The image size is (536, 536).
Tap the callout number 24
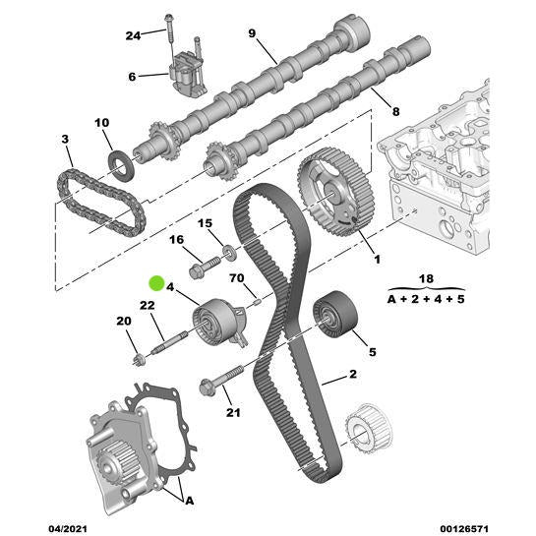134,35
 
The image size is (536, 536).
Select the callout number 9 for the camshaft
252,34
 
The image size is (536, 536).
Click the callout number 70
236,277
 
